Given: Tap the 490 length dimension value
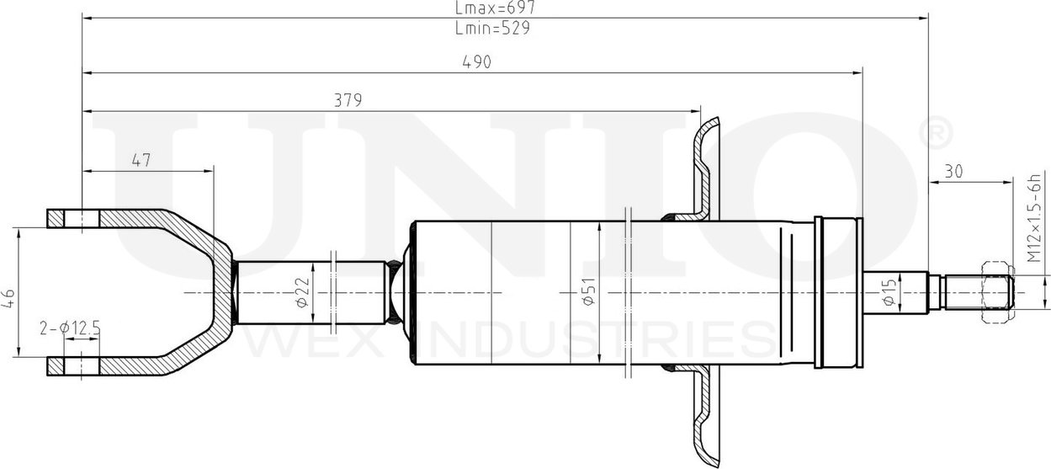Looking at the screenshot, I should coord(476,62).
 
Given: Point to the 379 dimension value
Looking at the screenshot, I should coord(348,100).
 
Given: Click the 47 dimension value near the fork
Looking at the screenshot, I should coord(141,161).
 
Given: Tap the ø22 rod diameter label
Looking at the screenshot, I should coord(303,291).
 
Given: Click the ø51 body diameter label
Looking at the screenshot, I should coord(588,291).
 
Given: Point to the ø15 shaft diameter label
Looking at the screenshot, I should coord(889,291).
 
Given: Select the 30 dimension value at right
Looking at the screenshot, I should coord(953,171).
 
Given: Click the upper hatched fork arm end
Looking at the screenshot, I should coord(72,218).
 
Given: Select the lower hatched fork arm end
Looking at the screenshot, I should coord(72,366).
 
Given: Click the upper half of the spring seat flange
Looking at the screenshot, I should coord(703,168).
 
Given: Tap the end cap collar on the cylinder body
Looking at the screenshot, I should coord(838,292).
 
